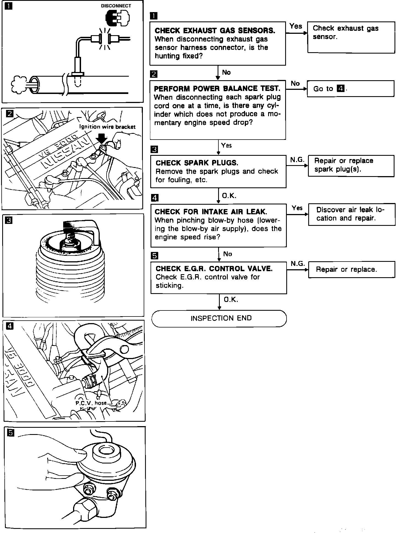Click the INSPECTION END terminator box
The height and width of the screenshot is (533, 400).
click(219, 318)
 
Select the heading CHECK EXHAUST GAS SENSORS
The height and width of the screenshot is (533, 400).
click(215, 30)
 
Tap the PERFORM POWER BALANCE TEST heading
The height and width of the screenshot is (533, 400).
click(217, 88)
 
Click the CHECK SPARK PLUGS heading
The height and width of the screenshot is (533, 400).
click(197, 163)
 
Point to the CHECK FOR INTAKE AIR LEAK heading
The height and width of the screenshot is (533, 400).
click(211, 212)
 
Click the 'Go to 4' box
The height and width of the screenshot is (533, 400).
click(350, 89)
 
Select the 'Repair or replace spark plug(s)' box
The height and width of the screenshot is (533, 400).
click(351, 166)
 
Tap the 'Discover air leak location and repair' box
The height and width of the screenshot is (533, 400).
click(351, 214)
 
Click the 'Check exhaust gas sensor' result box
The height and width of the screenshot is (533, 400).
click(351, 37)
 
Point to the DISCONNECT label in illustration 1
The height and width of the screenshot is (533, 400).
click(116, 6)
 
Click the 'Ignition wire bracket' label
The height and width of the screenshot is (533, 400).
click(107, 127)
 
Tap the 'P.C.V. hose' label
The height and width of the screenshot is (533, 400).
click(91, 403)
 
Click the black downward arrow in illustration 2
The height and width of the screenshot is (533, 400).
click(102, 138)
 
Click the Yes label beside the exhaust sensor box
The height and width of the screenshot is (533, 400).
click(296, 26)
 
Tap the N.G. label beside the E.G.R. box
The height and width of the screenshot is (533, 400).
click(298, 263)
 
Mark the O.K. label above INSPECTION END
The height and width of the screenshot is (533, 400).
click(231, 299)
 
